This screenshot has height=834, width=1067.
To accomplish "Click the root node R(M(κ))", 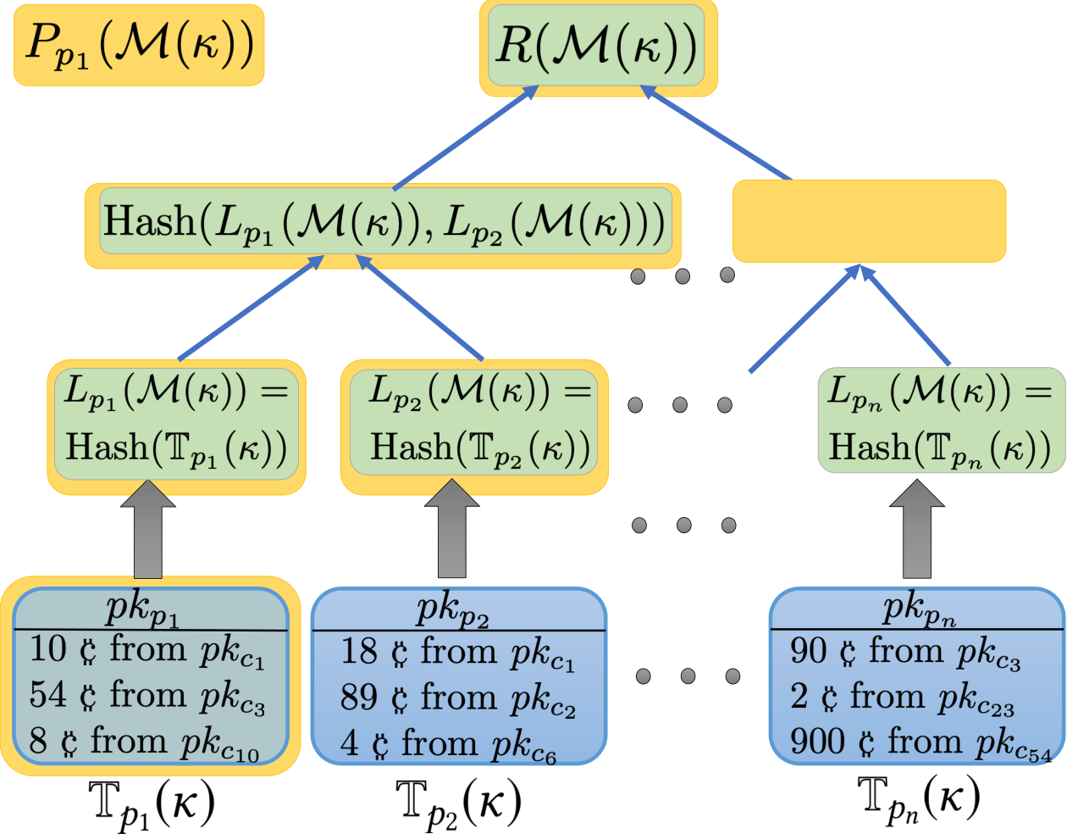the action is click(598, 47).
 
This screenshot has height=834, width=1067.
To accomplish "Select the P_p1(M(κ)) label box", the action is click(139, 45).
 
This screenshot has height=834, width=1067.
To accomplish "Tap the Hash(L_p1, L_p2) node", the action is click(383, 225).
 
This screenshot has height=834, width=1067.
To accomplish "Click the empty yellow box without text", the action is click(869, 221).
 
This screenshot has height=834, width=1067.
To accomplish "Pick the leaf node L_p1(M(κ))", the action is click(177, 426).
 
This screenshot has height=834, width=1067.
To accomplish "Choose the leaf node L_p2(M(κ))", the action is click(474, 426).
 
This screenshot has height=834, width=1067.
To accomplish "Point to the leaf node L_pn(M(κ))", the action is click(942, 420).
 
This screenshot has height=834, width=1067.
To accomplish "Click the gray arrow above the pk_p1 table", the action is click(148, 529).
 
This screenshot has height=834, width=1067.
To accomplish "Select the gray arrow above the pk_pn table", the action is click(917, 529).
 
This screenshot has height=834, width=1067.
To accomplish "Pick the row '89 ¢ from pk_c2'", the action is click(457, 698).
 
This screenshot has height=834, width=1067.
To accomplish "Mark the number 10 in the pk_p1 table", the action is click(47, 648).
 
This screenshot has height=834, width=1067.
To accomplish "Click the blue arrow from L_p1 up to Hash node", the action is click(251, 308).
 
